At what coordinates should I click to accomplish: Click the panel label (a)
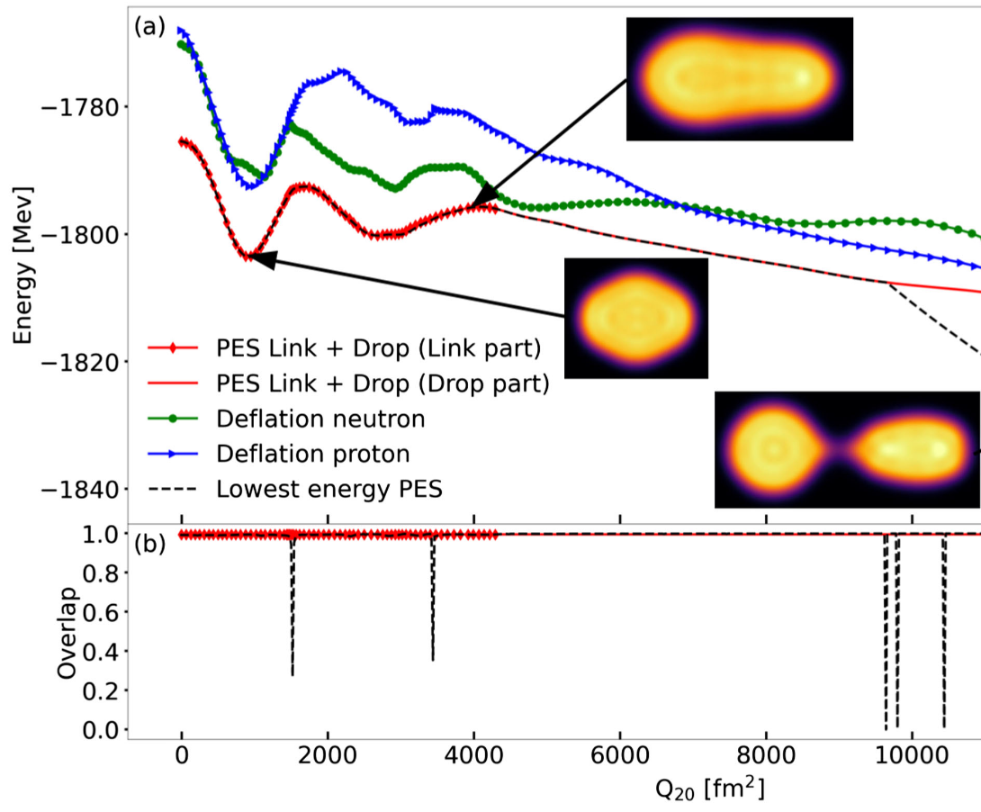tap(149, 27)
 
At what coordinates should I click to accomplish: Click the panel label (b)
tap(149, 545)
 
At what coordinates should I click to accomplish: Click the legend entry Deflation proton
tap(301, 453)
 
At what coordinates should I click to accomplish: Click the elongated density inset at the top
tap(739, 78)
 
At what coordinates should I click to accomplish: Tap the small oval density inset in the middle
tap(635, 317)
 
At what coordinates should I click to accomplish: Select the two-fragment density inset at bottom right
tap(846, 449)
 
